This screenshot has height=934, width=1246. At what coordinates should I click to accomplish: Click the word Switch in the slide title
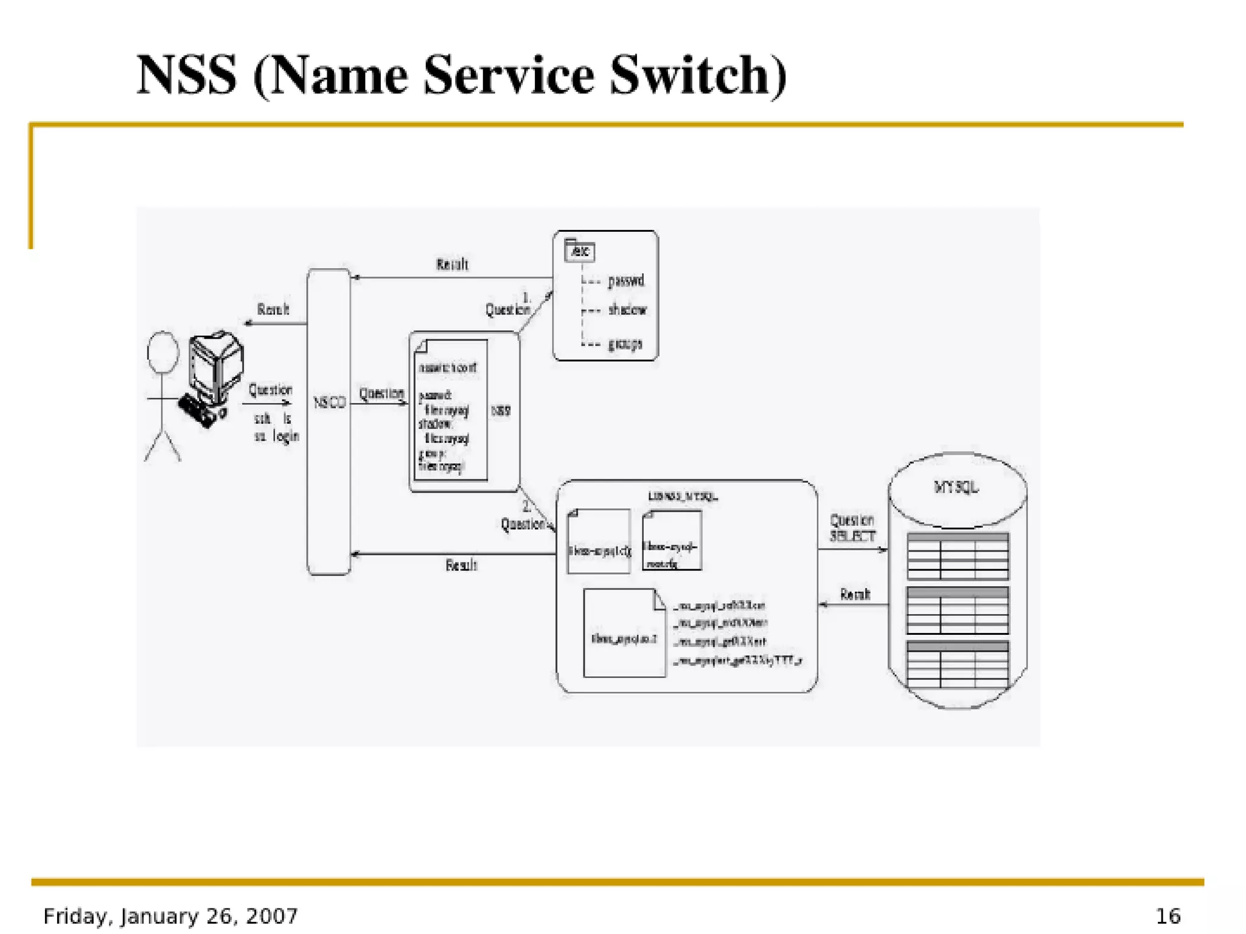pyautogui.click(x=698, y=75)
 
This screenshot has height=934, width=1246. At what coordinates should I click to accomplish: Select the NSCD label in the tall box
pyautogui.click(x=329, y=402)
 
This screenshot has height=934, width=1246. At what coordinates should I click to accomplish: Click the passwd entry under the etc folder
pyautogui.click(x=625, y=281)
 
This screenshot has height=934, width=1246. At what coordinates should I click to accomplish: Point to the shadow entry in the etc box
pyautogui.click(x=627, y=310)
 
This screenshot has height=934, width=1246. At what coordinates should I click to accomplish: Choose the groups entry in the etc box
pyautogui.click(x=625, y=344)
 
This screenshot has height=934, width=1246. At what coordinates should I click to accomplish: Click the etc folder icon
pyautogui.click(x=579, y=250)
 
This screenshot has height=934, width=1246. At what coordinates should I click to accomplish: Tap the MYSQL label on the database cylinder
pyautogui.click(x=956, y=487)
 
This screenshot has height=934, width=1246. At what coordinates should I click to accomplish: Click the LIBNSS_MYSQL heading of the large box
pyautogui.click(x=683, y=496)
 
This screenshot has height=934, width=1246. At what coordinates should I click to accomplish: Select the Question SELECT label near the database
pyautogui.click(x=852, y=528)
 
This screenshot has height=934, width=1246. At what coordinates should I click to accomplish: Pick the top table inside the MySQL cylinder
pyautogui.click(x=958, y=556)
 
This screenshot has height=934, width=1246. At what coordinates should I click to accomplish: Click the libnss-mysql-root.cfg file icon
pyautogui.click(x=672, y=541)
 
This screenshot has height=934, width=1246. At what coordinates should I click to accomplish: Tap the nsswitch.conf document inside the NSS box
pyautogui.click(x=450, y=410)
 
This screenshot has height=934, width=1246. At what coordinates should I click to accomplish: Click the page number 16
pyautogui.click(x=1168, y=916)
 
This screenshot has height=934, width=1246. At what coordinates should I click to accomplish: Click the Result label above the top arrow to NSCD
pyautogui.click(x=452, y=265)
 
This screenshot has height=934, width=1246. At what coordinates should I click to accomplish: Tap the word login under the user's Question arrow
pyautogui.click(x=285, y=436)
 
